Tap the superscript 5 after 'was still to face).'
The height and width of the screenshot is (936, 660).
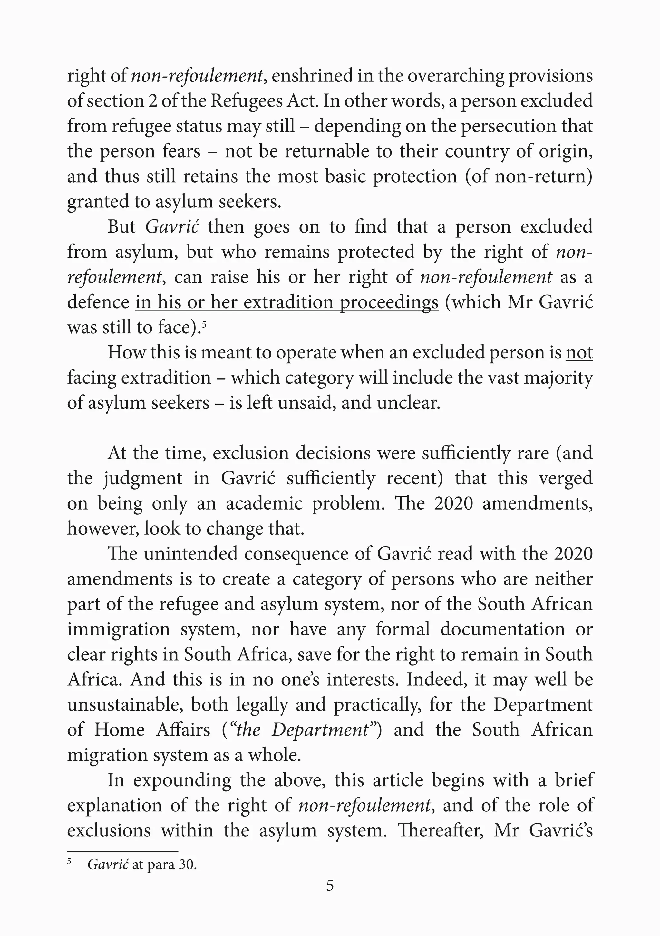[x=204, y=324]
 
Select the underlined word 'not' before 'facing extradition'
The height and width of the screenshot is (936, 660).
[x=579, y=353]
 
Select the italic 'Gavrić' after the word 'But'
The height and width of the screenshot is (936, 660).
[x=172, y=227]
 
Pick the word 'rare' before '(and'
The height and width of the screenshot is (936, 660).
[x=534, y=453]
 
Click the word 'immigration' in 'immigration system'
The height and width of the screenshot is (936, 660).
[x=118, y=629]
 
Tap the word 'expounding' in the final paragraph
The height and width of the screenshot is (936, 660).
[x=182, y=780]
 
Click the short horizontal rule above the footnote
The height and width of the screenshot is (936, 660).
[x=123, y=852]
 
